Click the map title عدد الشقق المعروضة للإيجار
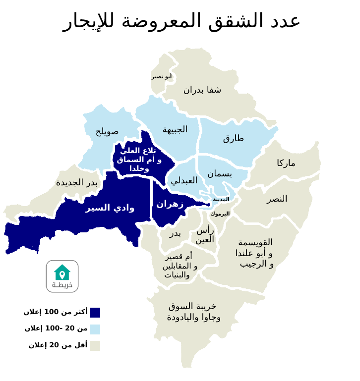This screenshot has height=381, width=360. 181,21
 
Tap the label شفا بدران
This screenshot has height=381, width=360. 202,90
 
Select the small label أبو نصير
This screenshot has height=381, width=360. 162,76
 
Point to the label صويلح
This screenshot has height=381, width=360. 107,132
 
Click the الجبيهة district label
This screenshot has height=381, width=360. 175,130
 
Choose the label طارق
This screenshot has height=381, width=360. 234,138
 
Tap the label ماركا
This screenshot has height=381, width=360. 286,163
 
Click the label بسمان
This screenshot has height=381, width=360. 220,174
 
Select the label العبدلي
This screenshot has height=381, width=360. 184,181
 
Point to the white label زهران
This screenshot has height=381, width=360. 170,204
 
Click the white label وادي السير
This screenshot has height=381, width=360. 110,208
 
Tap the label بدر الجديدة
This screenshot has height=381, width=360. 77,183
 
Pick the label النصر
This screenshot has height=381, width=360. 277,199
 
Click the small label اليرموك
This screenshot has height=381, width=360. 220,214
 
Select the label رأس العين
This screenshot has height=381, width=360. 205,235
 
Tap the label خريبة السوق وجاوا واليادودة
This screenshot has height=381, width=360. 193,312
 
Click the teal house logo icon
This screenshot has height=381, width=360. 62,272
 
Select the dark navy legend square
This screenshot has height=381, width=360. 95,313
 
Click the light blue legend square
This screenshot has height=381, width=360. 95,329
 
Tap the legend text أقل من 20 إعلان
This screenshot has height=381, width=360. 58,345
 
